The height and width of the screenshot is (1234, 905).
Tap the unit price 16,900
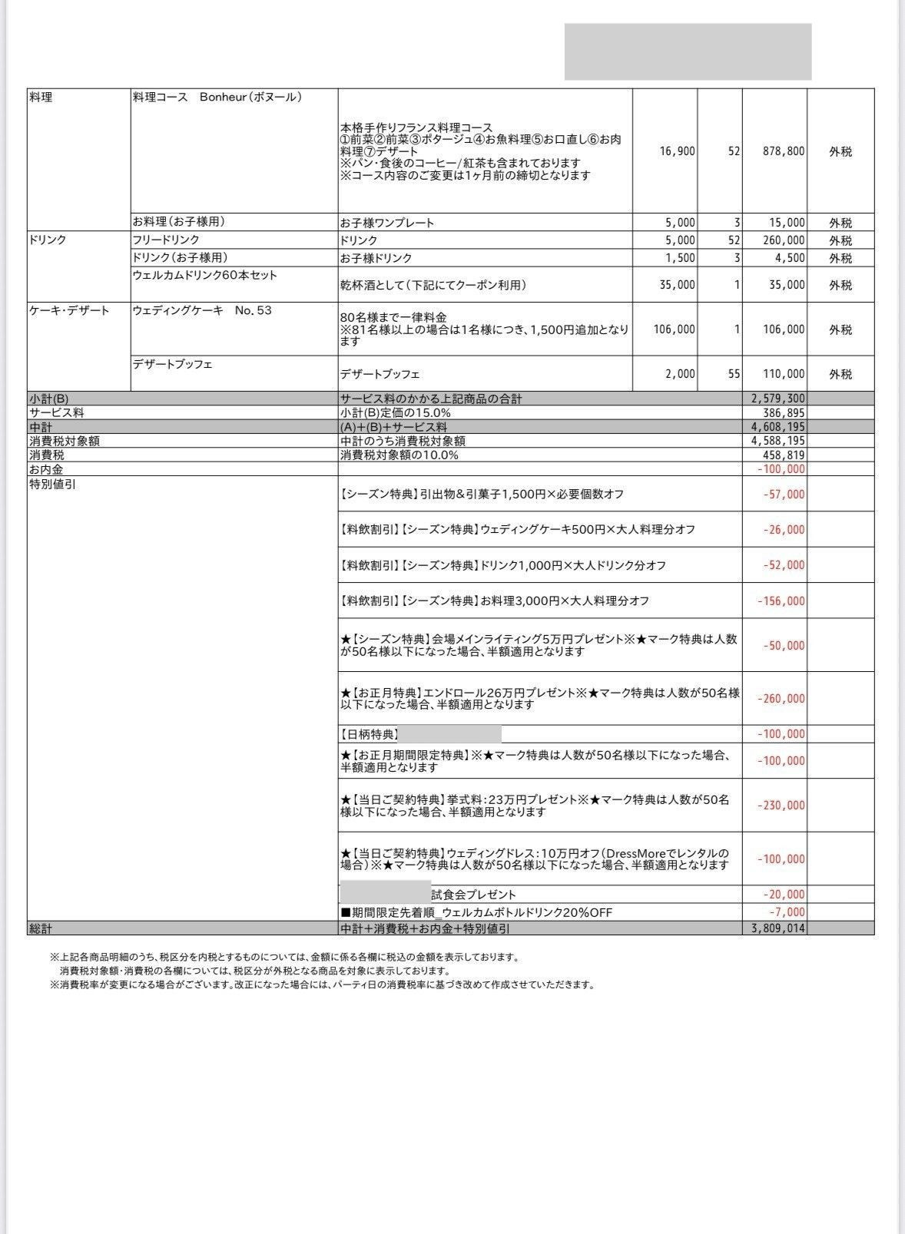click(x=677, y=151)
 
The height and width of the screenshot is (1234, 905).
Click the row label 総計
click(x=41, y=928)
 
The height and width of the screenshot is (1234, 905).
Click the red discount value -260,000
click(x=781, y=699)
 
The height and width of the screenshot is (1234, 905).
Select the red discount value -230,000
click(x=781, y=806)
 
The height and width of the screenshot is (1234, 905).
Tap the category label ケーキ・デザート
click(x=69, y=311)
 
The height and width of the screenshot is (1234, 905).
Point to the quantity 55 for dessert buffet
click(x=734, y=374)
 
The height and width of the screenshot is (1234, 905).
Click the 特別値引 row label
click(x=52, y=485)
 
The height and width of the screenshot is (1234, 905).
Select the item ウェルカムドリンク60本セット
click(x=204, y=275)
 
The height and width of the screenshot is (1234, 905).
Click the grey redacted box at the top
click(x=688, y=51)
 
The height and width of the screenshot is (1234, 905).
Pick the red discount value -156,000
click(x=781, y=601)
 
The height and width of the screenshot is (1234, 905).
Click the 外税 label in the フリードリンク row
click(x=840, y=241)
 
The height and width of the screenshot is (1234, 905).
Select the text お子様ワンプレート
click(x=387, y=223)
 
